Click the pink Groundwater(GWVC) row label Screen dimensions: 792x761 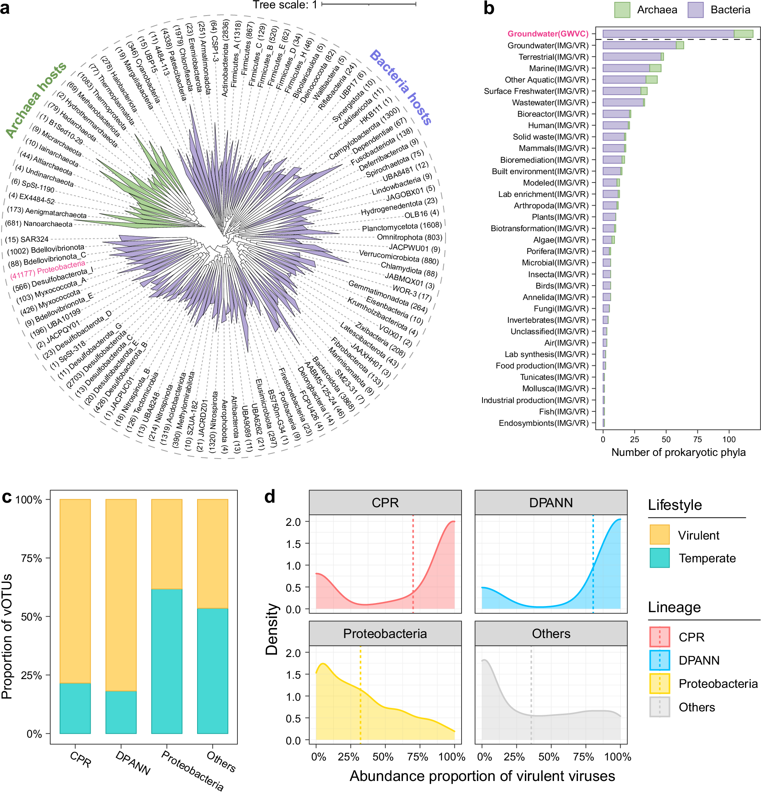click(x=548, y=34)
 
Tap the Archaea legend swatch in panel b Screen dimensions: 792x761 click(x=622, y=10)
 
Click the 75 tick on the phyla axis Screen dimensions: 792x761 click(x=697, y=440)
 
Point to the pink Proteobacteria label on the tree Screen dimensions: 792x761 click(x=48, y=270)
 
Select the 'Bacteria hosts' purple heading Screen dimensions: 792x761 click(x=400, y=87)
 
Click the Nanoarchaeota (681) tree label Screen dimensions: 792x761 click(x=39, y=224)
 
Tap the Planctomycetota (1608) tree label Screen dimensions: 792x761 click(x=401, y=227)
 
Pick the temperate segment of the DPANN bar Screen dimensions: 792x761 click(x=121, y=712)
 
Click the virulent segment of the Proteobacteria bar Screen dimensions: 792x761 click(x=167, y=544)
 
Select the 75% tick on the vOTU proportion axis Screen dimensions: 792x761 click(x=32, y=559)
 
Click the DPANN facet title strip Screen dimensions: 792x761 click(x=551, y=503)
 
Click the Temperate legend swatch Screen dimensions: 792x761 click(x=659, y=558)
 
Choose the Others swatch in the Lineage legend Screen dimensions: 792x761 click(x=659, y=707)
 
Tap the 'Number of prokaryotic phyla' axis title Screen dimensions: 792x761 click(x=678, y=452)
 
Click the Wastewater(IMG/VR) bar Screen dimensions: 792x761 click(x=623, y=103)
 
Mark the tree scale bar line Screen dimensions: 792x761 click(x=368, y=5)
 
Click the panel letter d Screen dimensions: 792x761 click(x=270, y=497)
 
